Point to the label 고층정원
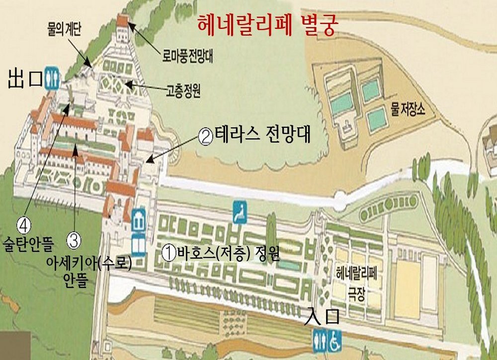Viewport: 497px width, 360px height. (x=182, y=92)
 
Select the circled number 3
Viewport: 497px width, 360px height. (x=73, y=240)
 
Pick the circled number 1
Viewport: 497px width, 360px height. (x=169, y=253)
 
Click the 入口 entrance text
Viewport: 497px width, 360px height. (x=323, y=317)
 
